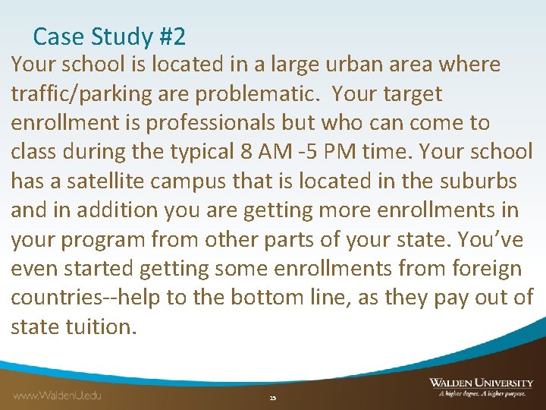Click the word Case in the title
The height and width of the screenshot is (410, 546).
[54, 36]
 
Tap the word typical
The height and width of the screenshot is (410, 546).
[202, 151]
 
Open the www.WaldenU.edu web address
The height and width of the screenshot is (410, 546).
[57, 394]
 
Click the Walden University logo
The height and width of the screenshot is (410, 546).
[481, 387]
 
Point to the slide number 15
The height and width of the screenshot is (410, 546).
[273, 398]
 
